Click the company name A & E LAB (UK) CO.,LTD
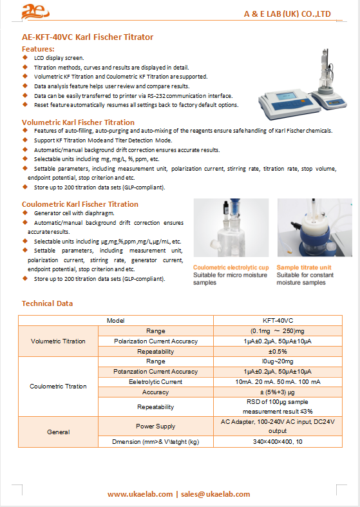pos(287,14)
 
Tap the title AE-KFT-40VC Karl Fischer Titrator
pos(88,37)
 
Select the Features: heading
pos(38,49)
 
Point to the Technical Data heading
pos(47,303)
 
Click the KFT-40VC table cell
pos(278,320)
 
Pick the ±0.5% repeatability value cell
pos(278,352)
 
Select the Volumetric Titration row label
pos(58,341)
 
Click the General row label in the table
pos(58,432)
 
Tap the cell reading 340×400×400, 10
pos(278,442)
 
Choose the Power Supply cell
pos(155,426)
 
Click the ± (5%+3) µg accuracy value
pos(278,392)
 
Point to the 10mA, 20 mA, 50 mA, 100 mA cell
pos(278,382)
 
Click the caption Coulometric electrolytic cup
pos(231,267)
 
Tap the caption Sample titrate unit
pos(304,267)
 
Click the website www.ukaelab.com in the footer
pos(140,494)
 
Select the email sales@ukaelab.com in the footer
pos(215,494)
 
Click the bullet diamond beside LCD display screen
pos(25,57)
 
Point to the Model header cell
pos(116,320)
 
